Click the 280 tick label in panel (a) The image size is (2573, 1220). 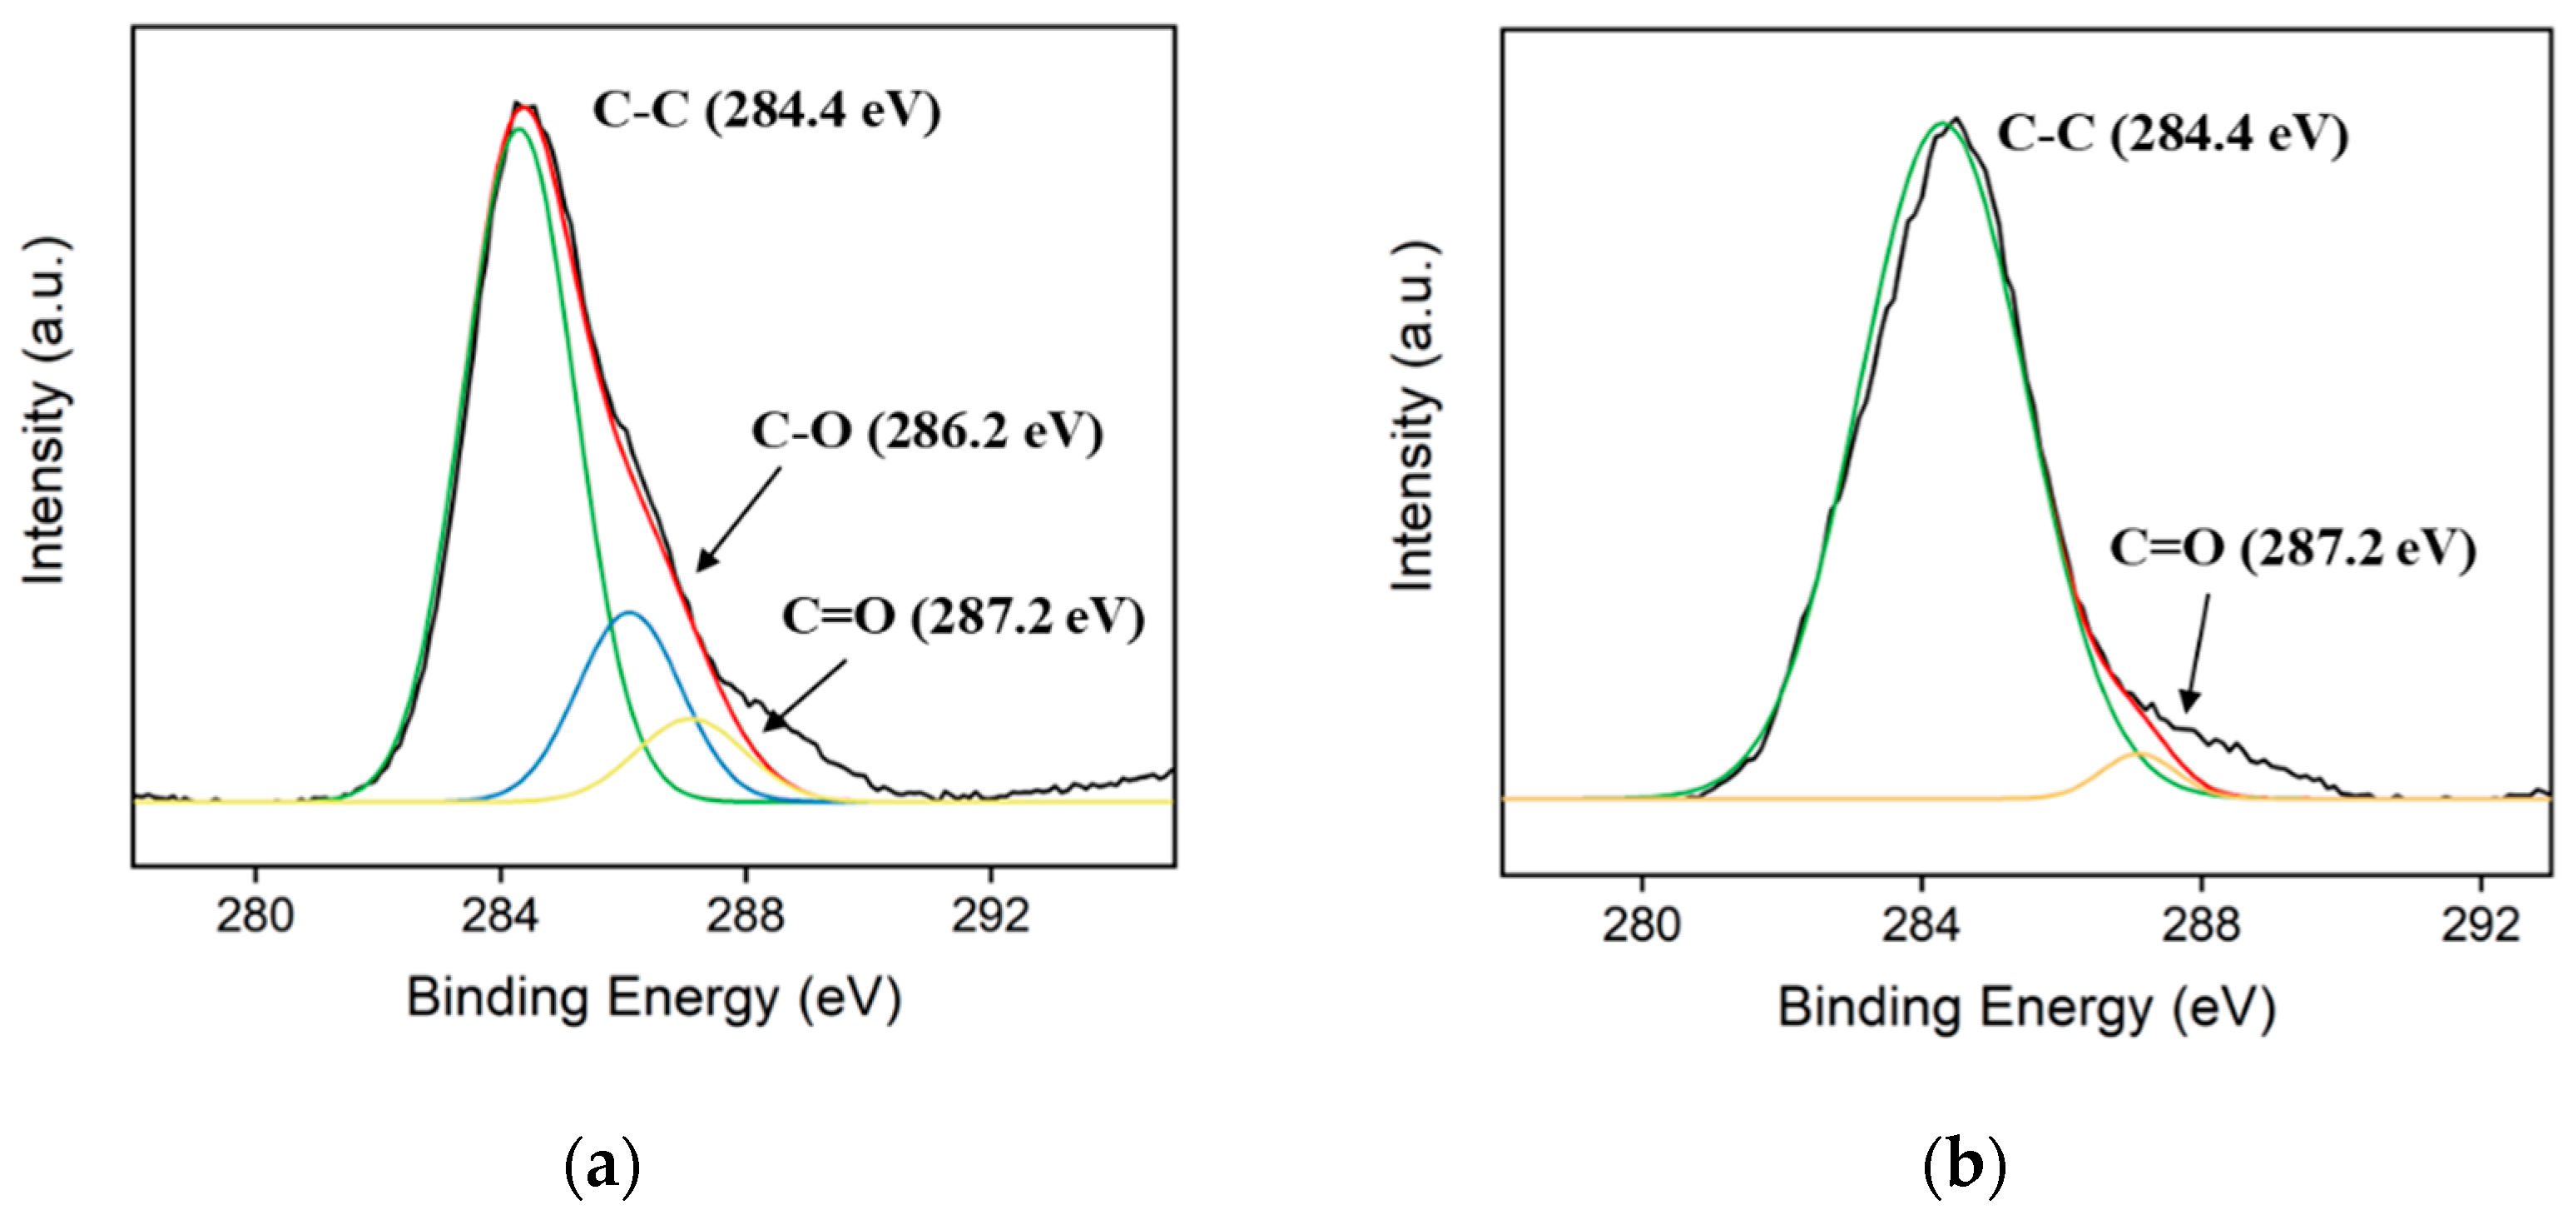click(x=255, y=915)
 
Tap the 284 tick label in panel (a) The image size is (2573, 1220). click(x=499, y=915)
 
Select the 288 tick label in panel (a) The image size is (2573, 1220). click(x=745, y=915)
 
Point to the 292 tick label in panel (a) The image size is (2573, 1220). click(x=990, y=915)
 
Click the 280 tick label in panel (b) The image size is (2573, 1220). click(x=1641, y=924)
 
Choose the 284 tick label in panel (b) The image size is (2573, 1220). click(x=1921, y=924)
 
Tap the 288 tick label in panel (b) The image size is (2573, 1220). click(x=2201, y=924)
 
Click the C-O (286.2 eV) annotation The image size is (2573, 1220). click(x=927, y=433)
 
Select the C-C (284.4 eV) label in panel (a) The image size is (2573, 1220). click(x=766, y=110)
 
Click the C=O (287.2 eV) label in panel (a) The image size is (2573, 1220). click(x=963, y=617)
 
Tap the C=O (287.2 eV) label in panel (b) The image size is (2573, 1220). click(x=2293, y=549)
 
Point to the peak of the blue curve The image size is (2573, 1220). click(x=628, y=612)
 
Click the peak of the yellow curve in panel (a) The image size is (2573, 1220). click(x=692, y=719)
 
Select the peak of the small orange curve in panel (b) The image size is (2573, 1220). click(x=2139, y=754)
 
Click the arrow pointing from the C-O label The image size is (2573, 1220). click(x=738, y=520)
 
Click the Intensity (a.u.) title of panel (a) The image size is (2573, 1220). click(x=46, y=410)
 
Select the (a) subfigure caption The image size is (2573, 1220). click(x=602, y=1165)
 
